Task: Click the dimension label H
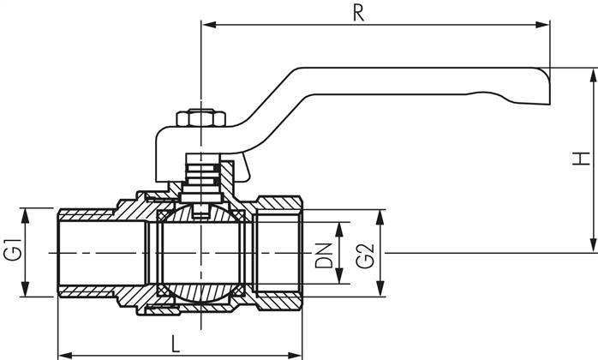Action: pos(582,159)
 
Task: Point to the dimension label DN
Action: pos(323,255)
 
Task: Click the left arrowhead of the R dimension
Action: pos(206,26)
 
